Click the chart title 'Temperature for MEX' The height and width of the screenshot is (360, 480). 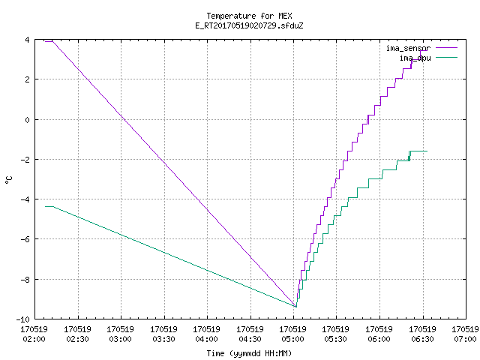point(249,16)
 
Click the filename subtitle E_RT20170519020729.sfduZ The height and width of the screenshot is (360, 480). point(249,25)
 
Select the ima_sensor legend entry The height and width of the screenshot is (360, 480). point(421,48)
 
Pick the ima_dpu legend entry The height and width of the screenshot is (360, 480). point(428,58)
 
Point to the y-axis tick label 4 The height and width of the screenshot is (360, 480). point(28,40)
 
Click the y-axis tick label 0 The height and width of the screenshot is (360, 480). point(28,120)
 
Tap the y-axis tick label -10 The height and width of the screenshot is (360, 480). point(23,319)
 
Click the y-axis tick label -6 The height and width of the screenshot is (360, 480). point(25,239)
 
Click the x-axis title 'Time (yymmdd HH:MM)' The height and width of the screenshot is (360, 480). point(249,353)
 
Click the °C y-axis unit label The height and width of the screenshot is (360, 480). point(8,180)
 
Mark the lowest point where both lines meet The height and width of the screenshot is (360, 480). point(295,307)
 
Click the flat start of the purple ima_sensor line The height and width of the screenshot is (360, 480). point(49,41)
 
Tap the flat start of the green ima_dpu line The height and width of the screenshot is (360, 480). point(49,207)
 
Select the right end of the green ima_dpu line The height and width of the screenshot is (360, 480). point(427,151)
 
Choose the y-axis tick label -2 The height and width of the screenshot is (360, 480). point(25,160)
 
